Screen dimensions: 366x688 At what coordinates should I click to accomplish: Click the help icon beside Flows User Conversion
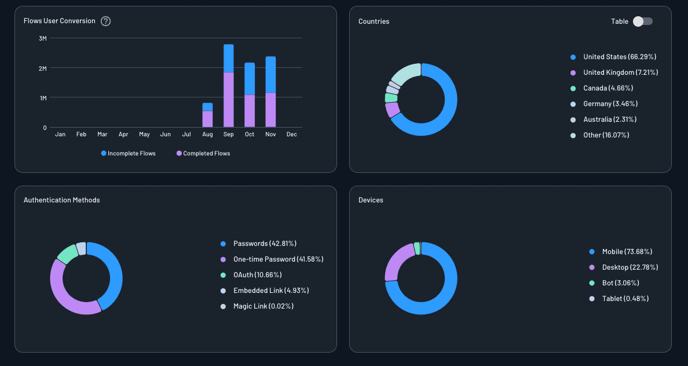105,21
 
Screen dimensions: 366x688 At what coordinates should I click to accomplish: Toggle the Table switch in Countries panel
642,21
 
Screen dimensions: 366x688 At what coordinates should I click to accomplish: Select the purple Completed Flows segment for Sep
229,99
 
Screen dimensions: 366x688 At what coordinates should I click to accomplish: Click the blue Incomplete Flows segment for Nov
270,74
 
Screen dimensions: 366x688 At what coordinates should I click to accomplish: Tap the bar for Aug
207,115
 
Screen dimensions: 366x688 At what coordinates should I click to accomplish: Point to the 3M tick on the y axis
43,38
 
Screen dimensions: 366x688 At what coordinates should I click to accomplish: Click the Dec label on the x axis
291,135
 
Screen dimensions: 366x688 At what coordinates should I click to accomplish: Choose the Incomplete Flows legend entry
128,154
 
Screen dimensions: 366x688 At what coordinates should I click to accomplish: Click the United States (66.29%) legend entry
619,57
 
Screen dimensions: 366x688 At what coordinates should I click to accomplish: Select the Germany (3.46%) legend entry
610,104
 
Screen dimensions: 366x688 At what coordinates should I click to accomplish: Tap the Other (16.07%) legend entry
606,135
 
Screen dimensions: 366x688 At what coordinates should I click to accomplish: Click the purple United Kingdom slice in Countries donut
392,110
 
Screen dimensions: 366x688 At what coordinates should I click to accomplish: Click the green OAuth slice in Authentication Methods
67,253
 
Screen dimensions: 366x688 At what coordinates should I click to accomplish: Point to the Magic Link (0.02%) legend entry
263,306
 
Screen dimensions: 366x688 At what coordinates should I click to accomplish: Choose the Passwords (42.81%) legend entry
265,244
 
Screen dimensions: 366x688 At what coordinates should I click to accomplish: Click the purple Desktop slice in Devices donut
396,262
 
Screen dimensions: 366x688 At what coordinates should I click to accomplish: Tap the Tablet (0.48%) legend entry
625,299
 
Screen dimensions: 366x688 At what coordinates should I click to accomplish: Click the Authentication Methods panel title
61,200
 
